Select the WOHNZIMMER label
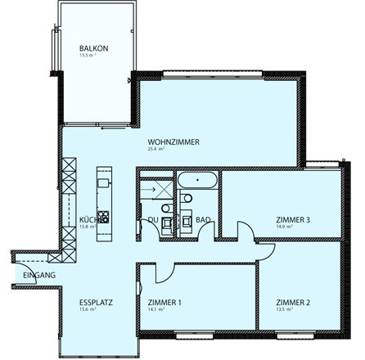pos(173,142)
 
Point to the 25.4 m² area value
pos(155,150)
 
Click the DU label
pos(152,219)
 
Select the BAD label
pos(205,219)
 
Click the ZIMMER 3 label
pos(293,219)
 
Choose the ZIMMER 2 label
pos(293,303)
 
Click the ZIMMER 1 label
pos(165,303)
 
